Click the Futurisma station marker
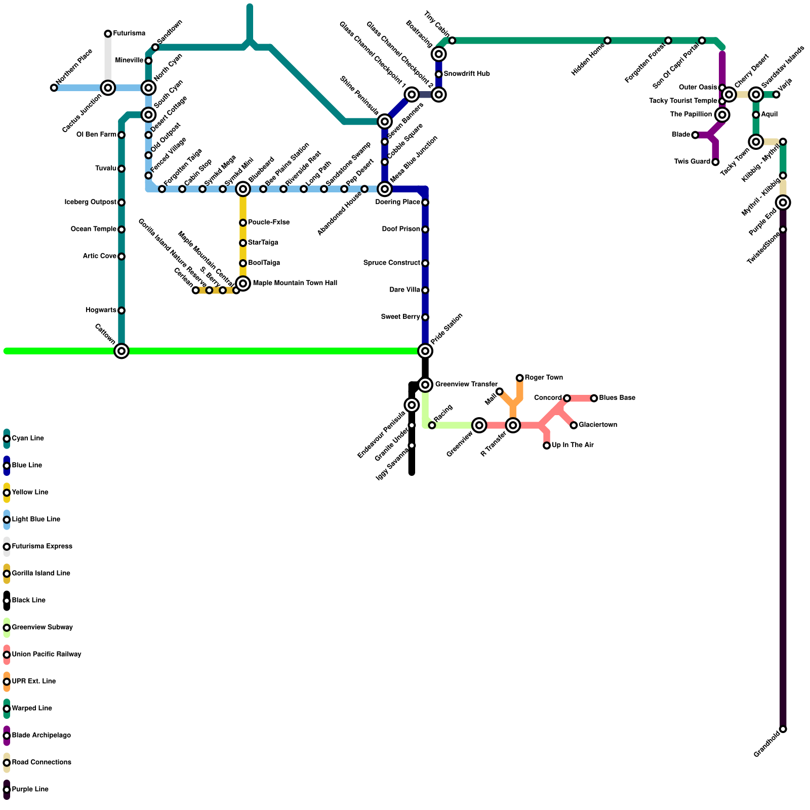pos(108,34)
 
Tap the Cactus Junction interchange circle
pos(108,88)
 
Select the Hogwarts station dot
pos(121,310)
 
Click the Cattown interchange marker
pos(121,351)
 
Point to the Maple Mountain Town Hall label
pos(295,283)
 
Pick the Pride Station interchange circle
pos(425,351)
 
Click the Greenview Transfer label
pos(466,385)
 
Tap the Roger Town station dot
pos(520,378)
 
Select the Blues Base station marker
pos(594,398)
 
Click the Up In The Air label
pos(573,445)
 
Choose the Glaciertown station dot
pos(574,425)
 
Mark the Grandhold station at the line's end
pos(783,729)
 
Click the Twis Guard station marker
pos(715,162)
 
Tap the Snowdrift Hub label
pos(466,74)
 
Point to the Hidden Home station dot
pos(607,40)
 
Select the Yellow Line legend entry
pos(30,493)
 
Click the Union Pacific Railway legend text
pos(46,655)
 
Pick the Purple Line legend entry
pos(30,789)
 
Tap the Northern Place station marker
pos(54,88)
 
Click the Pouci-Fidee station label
pos(268,223)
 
